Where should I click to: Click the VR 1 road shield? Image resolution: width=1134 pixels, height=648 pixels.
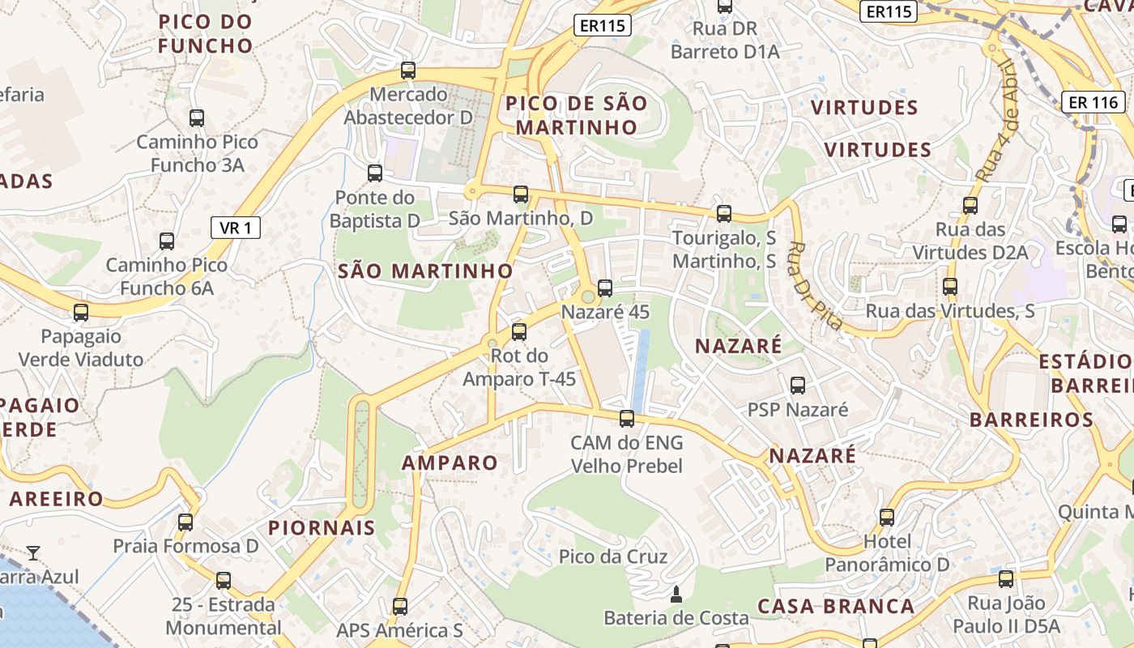coord(236,228)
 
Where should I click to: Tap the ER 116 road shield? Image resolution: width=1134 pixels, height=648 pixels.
coord(1093,102)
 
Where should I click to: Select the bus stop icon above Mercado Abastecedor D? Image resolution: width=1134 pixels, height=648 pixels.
coord(408,70)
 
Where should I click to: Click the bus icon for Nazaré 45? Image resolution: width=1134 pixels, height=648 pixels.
coord(604,288)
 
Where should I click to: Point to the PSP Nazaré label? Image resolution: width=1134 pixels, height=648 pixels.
coord(798,410)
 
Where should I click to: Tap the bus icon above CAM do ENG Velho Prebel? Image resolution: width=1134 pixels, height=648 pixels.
coord(627,419)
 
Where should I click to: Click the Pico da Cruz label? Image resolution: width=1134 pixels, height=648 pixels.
coord(613,556)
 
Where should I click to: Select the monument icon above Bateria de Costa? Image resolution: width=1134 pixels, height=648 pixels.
coord(676,596)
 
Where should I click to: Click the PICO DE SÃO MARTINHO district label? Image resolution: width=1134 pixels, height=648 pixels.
coord(577,115)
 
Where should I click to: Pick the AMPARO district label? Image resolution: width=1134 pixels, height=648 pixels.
coord(450,463)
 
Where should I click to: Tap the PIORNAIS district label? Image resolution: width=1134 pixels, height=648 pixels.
coord(322,528)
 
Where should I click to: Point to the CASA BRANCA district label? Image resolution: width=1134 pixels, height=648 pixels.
coord(836,606)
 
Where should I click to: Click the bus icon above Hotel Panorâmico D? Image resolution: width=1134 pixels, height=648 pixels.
coord(887,517)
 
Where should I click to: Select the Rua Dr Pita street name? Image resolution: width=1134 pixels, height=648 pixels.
coord(816,286)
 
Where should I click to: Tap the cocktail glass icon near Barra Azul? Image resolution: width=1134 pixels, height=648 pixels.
coord(33,553)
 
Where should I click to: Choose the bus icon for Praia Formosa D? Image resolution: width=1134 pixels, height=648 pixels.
coord(185,522)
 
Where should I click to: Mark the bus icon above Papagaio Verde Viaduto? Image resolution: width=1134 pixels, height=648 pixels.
coord(81,313)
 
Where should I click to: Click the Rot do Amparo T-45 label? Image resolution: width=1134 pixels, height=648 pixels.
coord(519,367)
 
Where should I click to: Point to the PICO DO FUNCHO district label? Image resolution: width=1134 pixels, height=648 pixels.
coord(206,33)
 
